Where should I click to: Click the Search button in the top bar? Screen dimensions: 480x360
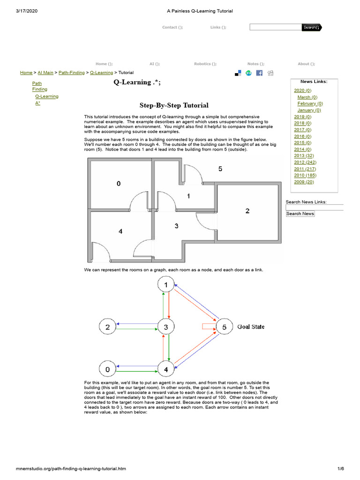311,27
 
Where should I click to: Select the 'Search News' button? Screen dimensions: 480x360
300,214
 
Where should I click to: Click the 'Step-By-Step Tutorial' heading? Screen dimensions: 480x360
174,105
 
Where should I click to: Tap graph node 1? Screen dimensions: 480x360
165,284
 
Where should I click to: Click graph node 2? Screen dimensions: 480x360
107,327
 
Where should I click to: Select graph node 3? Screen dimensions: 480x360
165,327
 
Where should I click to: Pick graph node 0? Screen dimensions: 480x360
107,369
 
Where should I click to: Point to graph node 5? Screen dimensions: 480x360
224,327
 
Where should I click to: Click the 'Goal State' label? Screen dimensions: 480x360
251,327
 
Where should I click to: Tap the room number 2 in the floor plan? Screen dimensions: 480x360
247,211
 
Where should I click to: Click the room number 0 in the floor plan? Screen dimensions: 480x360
119,184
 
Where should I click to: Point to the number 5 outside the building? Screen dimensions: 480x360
220,169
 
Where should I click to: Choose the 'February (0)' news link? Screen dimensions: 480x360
310,104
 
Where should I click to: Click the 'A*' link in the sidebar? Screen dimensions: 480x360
37,103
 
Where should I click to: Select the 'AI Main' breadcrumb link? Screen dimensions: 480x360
45,73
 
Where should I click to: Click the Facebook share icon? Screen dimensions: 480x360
259,73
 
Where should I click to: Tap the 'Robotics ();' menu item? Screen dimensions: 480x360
205,64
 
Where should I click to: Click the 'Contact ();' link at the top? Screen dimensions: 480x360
172,27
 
